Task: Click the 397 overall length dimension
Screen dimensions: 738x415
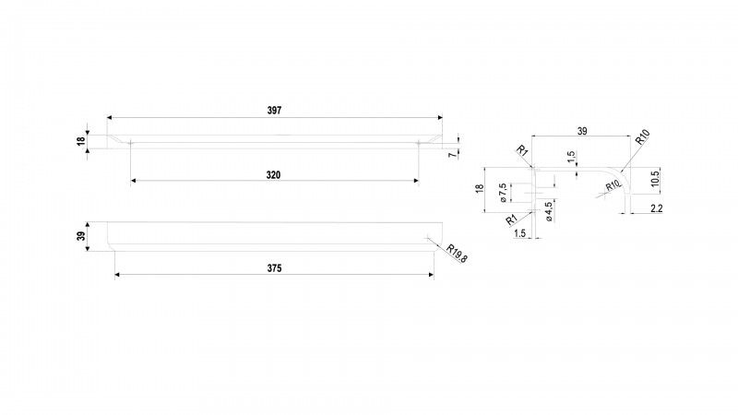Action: [274, 111]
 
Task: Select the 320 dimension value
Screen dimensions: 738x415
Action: [273, 175]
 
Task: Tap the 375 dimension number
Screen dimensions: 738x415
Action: [274, 268]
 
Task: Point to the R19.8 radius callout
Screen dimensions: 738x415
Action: [457, 253]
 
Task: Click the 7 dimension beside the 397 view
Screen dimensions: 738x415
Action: [452, 154]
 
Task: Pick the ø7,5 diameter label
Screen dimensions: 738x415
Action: [502, 193]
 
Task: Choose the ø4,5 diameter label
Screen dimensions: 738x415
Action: [549, 212]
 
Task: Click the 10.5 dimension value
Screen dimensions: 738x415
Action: [656, 179]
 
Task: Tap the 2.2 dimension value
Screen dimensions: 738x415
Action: [656, 208]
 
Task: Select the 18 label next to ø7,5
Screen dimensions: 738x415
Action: [480, 189]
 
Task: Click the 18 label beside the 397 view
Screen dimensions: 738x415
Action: [81, 140]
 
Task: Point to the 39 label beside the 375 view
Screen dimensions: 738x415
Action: [81, 236]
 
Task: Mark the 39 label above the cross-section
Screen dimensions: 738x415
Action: [582, 131]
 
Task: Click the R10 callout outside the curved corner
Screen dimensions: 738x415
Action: [642, 136]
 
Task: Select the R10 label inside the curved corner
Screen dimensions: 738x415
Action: [613, 186]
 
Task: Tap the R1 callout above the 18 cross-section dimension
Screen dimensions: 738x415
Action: [522, 150]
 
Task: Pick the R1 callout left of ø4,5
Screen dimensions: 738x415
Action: [512, 219]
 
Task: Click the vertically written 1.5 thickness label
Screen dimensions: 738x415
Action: [571, 157]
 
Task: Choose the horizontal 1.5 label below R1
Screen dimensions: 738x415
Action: [519, 233]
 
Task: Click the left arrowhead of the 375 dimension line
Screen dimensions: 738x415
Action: [118, 274]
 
